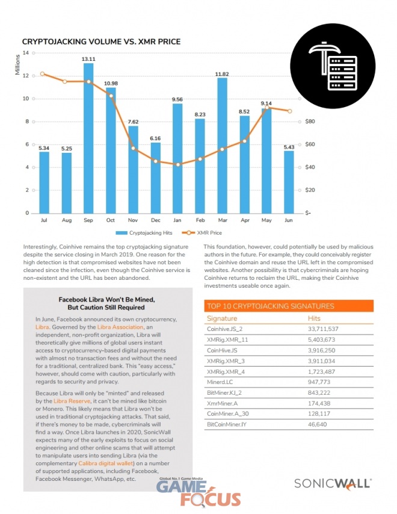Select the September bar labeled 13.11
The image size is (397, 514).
(x=88, y=138)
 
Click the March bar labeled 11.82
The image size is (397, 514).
(x=222, y=145)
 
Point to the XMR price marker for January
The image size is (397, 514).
(x=177, y=164)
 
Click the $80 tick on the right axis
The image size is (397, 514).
(x=310, y=122)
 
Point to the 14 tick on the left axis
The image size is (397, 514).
(x=25, y=53)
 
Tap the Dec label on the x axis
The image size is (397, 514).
(x=155, y=221)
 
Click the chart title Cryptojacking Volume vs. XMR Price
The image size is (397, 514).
(x=101, y=42)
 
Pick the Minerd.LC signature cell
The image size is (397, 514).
(x=221, y=381)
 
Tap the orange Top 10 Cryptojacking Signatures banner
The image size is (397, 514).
(x=288, y=306)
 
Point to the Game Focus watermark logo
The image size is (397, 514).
(x=198, y=491)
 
